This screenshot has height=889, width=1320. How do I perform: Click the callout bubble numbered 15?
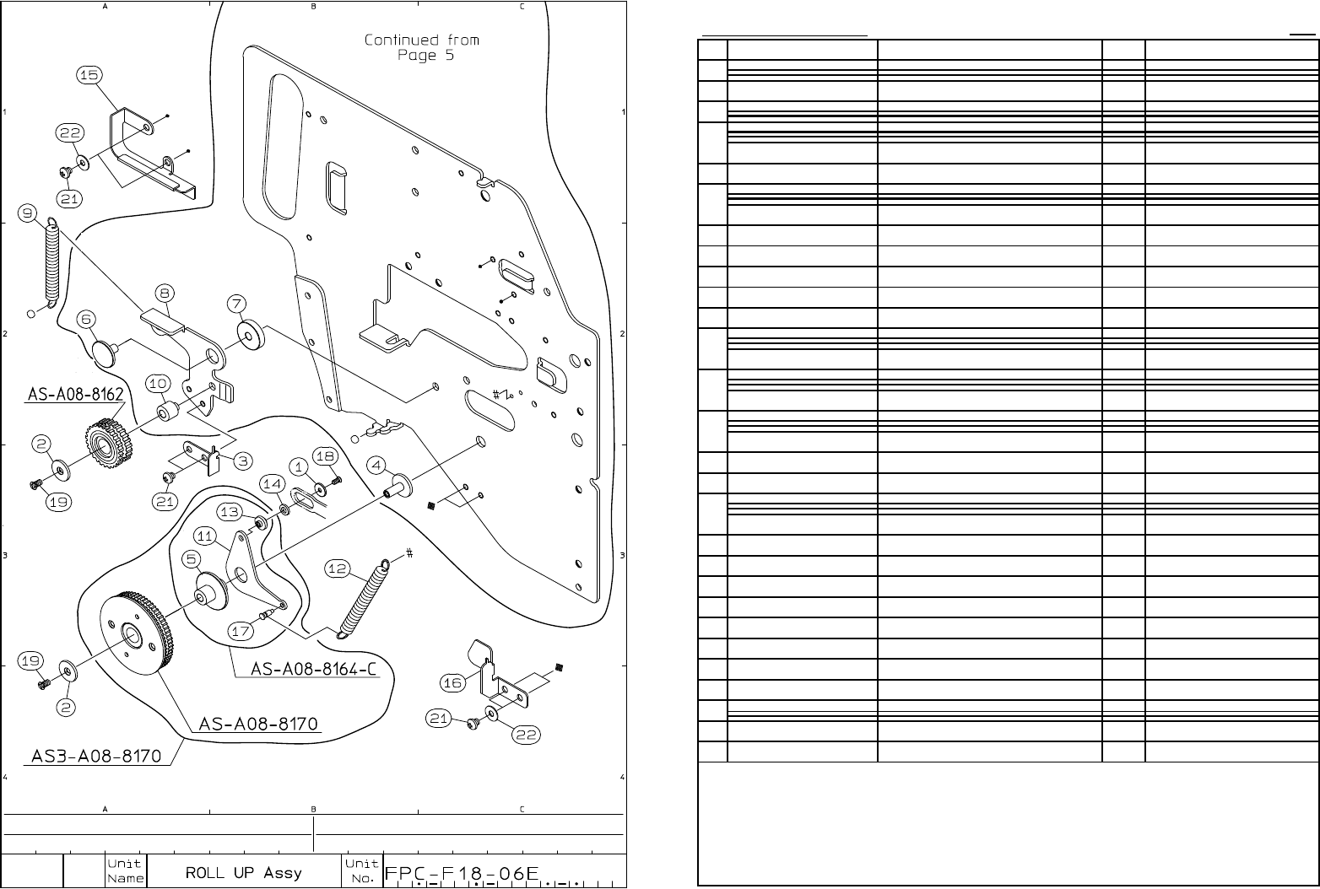(x=89, y=76)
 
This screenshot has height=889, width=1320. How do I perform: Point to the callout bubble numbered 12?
(x=338, y=569)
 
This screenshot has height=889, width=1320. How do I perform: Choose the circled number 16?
(x=452, y=682)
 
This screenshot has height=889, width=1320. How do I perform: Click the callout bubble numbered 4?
(x=376, y=466)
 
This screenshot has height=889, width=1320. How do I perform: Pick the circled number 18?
(x=326, y=456)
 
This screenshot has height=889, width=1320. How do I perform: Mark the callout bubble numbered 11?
(x=205, y=536)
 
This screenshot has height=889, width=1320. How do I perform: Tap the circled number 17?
(x=241, y=631)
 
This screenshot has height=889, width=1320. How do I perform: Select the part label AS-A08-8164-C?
(x=312, y=669)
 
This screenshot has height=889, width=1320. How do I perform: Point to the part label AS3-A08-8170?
(x=95, y=756)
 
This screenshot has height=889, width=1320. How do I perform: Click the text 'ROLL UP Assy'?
(x=243, y=872)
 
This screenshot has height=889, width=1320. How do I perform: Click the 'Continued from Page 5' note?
(x=421, y=47)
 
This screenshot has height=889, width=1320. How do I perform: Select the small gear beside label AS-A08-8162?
(x=105, y=438)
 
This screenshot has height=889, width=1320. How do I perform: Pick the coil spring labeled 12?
(x=363, y=598)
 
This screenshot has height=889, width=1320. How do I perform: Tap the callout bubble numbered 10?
(x=158, y=384)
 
